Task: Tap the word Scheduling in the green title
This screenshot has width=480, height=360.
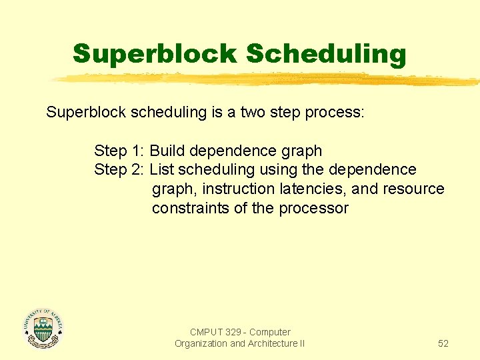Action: click(326, 54)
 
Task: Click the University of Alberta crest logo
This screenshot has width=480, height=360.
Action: click(43, 328)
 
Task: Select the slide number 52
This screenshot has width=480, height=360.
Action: click(443, 343)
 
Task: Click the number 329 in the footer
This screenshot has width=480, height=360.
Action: click(233, 332)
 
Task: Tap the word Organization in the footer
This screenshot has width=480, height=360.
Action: click(201, 343)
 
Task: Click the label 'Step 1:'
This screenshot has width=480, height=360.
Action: click(119, 151)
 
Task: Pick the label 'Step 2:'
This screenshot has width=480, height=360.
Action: click(119, 170)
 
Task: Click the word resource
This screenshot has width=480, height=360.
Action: click(413, 189)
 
